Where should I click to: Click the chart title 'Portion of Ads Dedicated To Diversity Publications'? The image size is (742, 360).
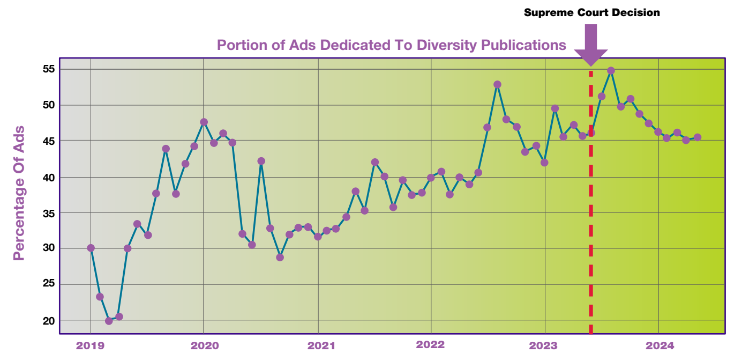point(391,45)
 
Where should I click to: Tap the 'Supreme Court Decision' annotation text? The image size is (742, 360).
point(591,12)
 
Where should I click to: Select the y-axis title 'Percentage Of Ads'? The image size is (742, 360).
point(19,193)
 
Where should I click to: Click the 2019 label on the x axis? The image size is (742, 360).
point(91,345)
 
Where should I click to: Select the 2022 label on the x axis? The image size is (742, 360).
point(431,345)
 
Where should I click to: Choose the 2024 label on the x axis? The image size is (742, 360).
point(659,345)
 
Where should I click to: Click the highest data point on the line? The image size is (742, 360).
point(611,71)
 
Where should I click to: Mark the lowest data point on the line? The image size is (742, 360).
point(109,321)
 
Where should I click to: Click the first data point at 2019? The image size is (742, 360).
point(91,248)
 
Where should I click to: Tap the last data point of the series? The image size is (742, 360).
point(698,137)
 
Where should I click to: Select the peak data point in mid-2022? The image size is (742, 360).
point(497,84)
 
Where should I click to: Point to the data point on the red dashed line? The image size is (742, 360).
point(591,133)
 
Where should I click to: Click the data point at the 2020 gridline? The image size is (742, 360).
point(204,122)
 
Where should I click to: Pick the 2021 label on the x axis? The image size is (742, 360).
point(318,345)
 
